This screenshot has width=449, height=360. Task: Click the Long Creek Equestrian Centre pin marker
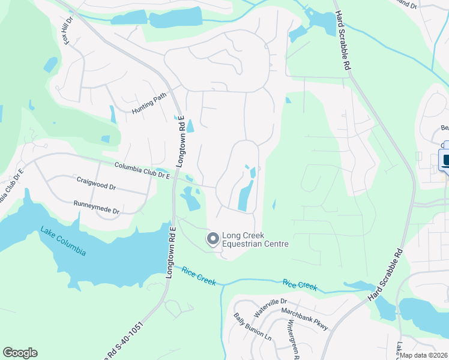pyautogui.click(x=212, y=239)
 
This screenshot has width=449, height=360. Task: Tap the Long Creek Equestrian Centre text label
pyautogui.click(x=255, y=239)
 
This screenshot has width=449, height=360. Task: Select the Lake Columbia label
pyautogui.click(x=63, y=240)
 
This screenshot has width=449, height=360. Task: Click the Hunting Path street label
pyautogui.click(x=148, y=107)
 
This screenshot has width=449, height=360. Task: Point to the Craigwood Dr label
pyautogui.click(x=96, y=182)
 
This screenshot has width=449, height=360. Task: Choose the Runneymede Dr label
pyautogui.click(x=96, y=207)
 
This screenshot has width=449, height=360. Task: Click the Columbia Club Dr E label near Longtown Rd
pyautogui.click(x=142, y=170)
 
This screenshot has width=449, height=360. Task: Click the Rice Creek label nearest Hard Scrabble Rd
pyautogui.click(x=299, y=285)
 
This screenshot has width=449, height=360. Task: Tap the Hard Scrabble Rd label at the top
pyautogui.click(x=342, y=42)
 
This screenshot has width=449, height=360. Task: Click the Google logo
pyautogui.click(x=20, y=353)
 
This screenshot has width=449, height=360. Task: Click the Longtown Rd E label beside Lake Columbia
pyautogui.click(x=171, y=252)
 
